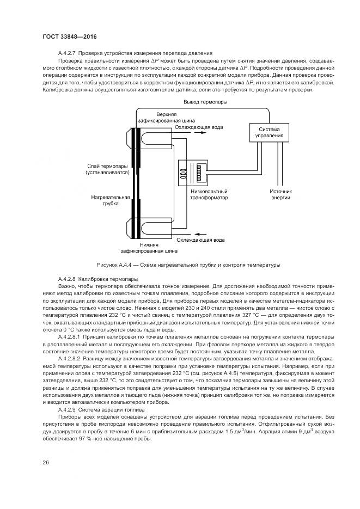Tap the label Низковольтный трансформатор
tap(209, 195)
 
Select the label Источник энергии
tap(281, 195)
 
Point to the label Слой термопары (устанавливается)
tap(108, 169)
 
